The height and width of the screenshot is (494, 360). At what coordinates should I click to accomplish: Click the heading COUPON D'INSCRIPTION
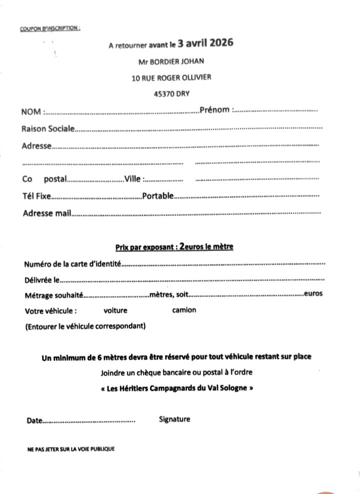coord(50,28)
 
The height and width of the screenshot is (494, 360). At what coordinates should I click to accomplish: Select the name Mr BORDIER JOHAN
coord(171,62)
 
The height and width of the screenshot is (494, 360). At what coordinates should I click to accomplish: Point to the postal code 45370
coord(164,93)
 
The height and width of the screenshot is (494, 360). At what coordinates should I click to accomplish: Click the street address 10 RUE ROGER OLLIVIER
coord(171,77)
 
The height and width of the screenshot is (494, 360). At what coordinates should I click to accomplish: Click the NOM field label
coord(31,111)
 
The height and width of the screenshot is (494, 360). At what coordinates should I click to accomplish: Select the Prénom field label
coord(214,109)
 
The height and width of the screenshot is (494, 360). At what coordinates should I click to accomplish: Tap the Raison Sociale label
coord(48,129)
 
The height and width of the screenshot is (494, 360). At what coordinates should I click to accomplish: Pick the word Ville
coord(133,179)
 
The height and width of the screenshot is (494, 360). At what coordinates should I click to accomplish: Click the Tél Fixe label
coord(36,196)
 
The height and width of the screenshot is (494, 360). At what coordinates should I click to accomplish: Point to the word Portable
coord(158,196)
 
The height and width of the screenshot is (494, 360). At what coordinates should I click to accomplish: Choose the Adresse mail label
coord(47,213)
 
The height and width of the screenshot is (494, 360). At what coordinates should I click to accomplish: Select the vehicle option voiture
coord(115,310)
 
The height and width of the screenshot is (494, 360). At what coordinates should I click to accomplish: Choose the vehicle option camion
coord(184,310)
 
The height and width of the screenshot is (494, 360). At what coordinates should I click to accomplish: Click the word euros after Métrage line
coord(313,293)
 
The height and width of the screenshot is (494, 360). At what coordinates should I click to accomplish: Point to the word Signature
coord(174,419)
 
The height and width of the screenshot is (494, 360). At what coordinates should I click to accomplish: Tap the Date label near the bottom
coord(34,421)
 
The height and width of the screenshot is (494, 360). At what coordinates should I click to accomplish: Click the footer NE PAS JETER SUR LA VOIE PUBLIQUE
coord(71,449)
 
